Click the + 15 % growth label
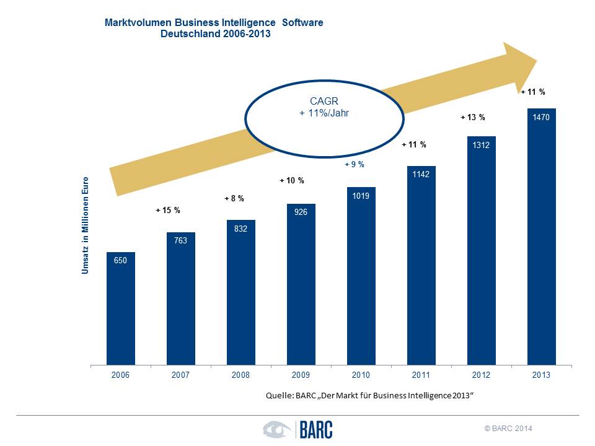pyautogui.click(x=167, y=211)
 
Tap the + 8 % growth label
pyautogui.click(x=234, y=199)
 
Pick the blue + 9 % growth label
pyautogui.click(x=355, y=165)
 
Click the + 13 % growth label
pyautogui.click(x=472, y=117)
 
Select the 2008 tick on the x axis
pyautogui.click(x=240, y=375)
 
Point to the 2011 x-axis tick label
pyautogui.click(x=421, y=375)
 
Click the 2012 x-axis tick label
pyautogui.click(x=481, y=375)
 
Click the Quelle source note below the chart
pyautogui.click(x=369, y=395)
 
